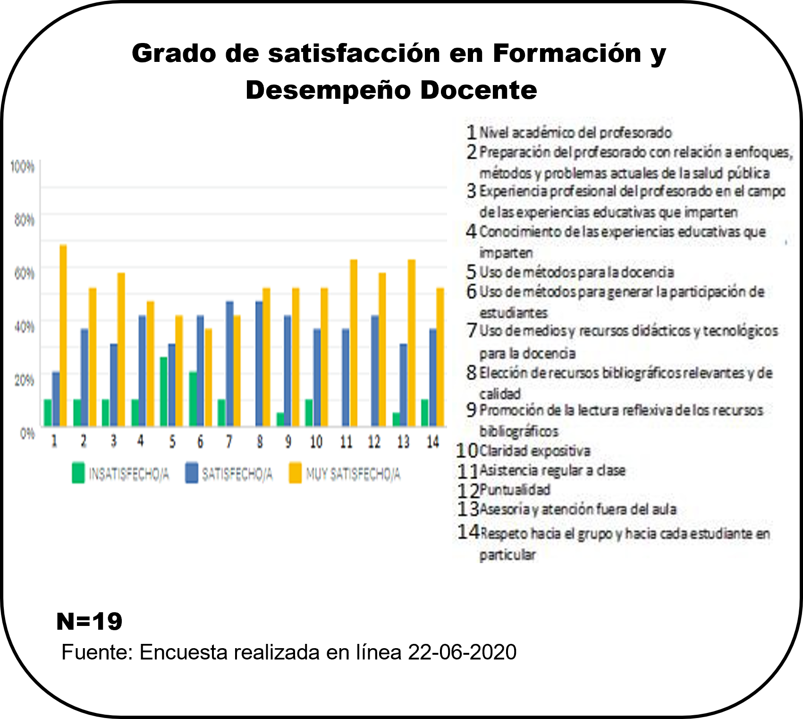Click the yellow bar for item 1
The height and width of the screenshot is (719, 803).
pos(63,335)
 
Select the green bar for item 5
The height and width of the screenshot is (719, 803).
pos(164,392)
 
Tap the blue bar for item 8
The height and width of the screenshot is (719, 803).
pos(259,364)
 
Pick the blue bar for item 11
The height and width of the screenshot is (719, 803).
pos(346,377)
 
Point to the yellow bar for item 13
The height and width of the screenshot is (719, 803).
pos(411,343)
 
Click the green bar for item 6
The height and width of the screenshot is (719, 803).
pos(193,399)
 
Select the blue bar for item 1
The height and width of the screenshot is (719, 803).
pos(56,399)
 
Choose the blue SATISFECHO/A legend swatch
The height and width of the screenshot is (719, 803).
pos(192,473)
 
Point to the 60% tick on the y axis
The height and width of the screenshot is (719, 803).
pos(24,274)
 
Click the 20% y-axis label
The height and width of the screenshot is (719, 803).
pos(24,380)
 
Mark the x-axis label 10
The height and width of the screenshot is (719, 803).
pos(316,442)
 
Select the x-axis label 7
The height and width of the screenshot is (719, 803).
pos(229,442)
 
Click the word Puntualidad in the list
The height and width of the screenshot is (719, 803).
pos(515,490)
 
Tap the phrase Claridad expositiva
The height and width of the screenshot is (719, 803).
pos(534,451)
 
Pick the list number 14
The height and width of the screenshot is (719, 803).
pos(468,532)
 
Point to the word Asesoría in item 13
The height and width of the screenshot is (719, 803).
pos(505,509)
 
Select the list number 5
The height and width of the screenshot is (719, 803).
pos(471,272)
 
